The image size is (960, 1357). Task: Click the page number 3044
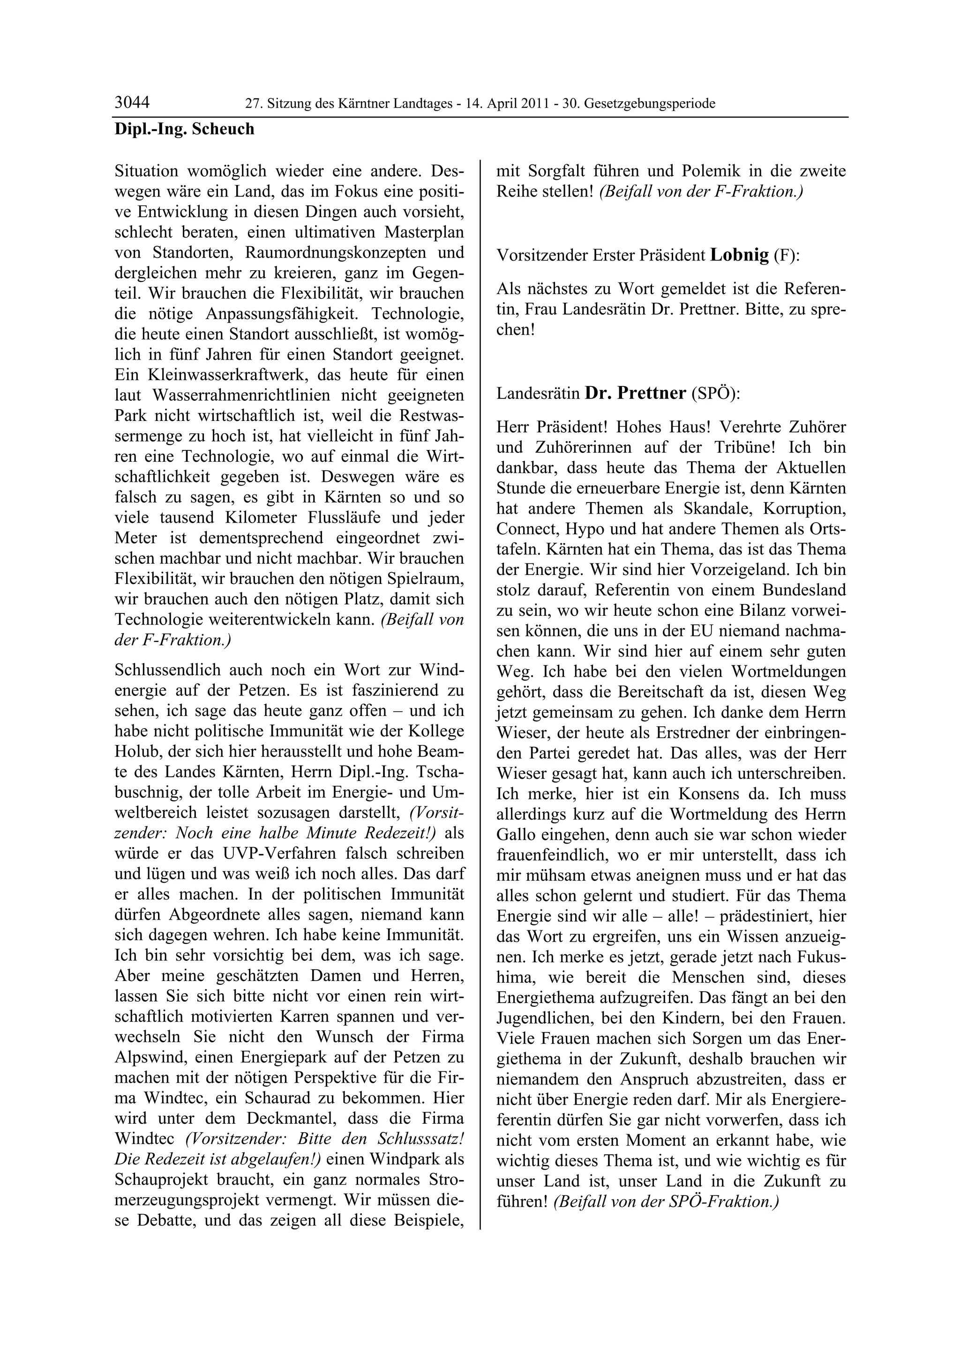point(132,103)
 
